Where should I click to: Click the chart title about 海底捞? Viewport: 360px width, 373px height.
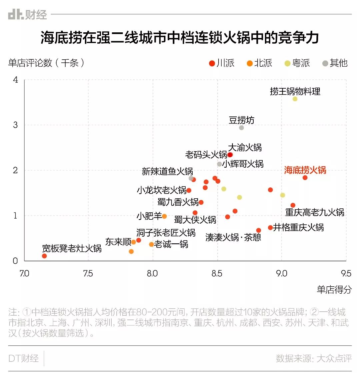(x=180, y=38)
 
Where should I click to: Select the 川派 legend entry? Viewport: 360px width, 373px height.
(x=222, y=63)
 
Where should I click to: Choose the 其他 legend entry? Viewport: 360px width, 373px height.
(x=335, y=63)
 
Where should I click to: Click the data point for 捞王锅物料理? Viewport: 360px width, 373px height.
(x=295, y=99)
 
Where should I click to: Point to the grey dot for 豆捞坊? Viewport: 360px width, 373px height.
(x=242, y=128)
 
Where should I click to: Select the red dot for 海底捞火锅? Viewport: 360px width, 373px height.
(x=305, y=178)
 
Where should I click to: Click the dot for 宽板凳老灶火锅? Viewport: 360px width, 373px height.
(x=44, y=256)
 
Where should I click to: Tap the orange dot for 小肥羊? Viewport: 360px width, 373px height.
(x=164, y=216)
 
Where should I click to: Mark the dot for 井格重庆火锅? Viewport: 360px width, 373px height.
(x=270, y=228)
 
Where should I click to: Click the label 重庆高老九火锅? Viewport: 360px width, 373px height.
(x=315, y=212)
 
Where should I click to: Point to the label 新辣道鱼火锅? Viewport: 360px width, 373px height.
(x=167, y=172)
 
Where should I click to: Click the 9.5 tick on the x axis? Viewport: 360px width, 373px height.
(x=346, y=274)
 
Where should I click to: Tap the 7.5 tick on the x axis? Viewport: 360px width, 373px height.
(x=88, y=274)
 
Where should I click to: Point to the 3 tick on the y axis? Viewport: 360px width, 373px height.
(x=15, y=125)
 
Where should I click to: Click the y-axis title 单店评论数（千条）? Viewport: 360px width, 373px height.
(x=46, y=63)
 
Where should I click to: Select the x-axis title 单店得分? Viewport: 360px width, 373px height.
(x=334, y=289)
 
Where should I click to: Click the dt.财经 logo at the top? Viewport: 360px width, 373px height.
(x=27, y=15)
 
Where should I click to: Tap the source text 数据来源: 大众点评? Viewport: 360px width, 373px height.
(x=314, y=358)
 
